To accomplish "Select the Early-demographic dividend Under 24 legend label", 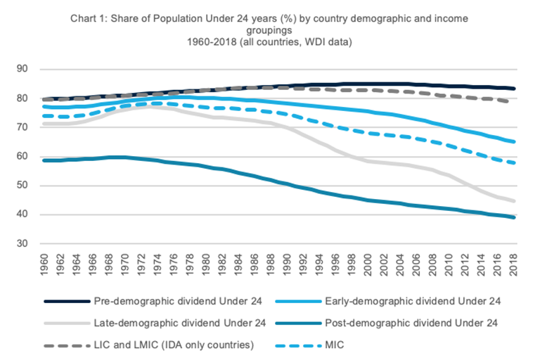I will point(401,302).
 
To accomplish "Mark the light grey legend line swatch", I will point(65,323).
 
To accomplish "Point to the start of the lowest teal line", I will point(45,160).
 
